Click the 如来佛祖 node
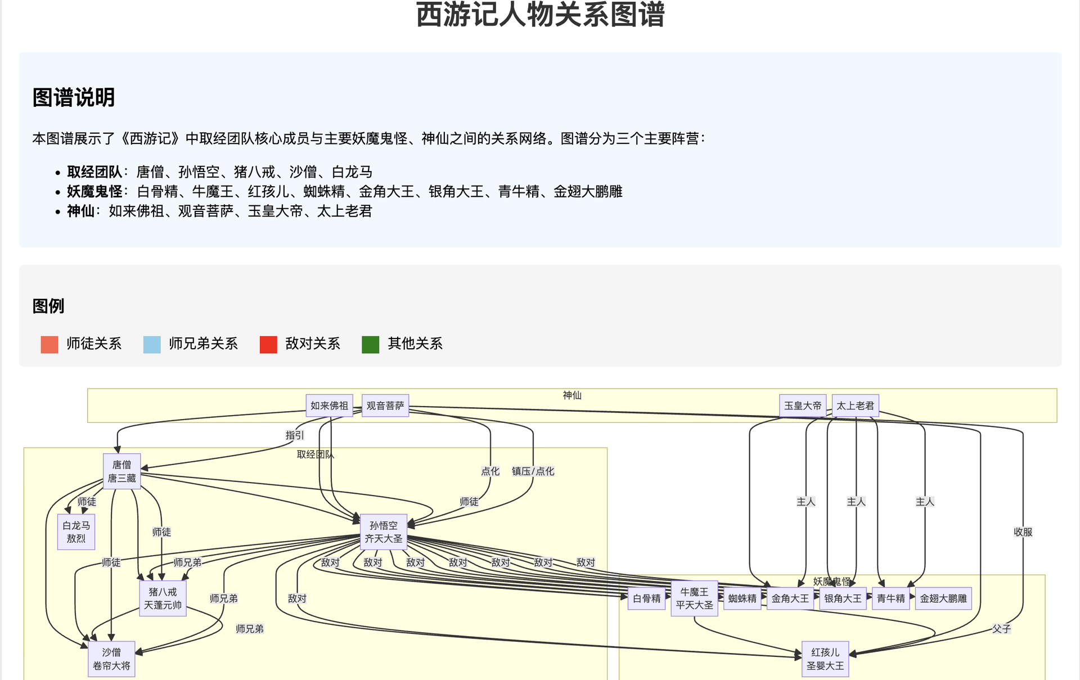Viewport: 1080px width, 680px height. point(329,406)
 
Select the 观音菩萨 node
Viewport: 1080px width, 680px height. point(385,406)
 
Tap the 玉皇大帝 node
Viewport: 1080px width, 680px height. point(803,406)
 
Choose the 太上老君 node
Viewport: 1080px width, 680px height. point(855,406)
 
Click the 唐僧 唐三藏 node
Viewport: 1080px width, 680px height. point(121,471)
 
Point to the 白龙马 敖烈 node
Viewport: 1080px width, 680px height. point(76,532)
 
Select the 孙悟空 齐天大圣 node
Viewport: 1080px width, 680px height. point(383,532)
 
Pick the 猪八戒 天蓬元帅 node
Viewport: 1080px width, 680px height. point(163,598)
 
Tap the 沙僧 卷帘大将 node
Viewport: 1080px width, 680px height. point(111,659)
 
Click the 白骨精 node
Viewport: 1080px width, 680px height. point(646,598)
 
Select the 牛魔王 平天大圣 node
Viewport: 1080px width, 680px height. point(694,598)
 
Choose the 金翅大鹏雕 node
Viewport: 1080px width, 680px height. point(943,598)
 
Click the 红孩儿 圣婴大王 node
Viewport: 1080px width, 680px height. point(825,659)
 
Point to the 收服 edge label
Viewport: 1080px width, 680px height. point(1023,532)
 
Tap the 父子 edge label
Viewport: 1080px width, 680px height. point(1001,629)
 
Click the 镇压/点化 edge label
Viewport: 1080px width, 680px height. point(533,471)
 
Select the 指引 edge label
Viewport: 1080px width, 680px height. point(294,435)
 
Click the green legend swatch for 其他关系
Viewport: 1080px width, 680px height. point(370,344)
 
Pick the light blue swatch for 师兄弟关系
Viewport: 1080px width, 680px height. point(152,344)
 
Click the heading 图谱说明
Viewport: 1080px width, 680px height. point(74,97)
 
